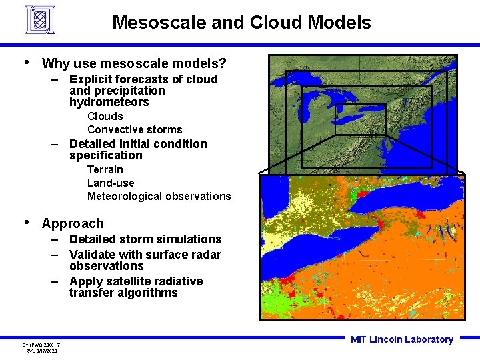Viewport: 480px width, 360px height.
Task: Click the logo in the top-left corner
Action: (44, 20)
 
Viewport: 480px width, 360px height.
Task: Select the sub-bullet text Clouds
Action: (105, 116)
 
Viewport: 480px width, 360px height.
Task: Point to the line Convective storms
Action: (135, 129)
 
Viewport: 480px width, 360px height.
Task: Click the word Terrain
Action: (105, 169)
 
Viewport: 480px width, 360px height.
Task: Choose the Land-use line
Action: (111, 183)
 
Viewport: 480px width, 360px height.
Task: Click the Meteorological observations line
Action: (159, 196)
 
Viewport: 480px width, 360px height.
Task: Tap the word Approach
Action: (73, 223)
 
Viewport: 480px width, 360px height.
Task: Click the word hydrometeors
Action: (109, 102)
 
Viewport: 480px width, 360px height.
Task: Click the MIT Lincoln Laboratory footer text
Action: (402, 339)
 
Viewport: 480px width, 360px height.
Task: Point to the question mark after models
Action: (223, 64)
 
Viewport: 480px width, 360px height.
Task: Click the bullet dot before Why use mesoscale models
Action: (26, 63)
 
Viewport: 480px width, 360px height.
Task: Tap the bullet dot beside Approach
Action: (26, 222)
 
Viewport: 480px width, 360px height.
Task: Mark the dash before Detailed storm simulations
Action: (59, 239)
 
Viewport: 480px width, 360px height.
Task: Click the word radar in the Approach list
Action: (206, 254)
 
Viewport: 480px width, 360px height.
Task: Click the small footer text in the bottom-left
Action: (41, 347)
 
